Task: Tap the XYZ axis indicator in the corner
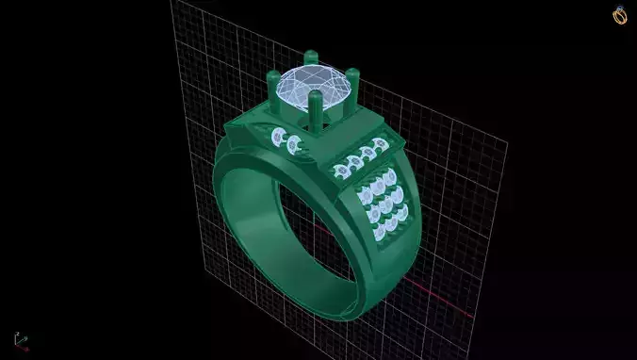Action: click(21, 339)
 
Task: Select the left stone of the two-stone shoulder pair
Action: click(277, 139)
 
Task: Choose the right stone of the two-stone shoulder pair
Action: click(294, 144)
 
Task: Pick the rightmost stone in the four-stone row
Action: click(379, 144)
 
